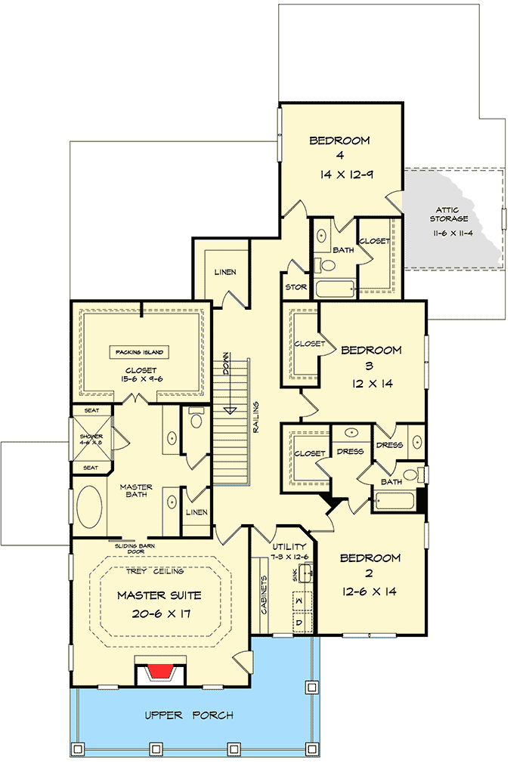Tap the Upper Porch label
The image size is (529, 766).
(x=188, y=715)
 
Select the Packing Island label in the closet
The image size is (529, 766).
(x=141, y=352)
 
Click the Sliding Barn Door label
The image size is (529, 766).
(x=137, y=548)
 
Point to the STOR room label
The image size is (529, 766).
(x=295, y=287)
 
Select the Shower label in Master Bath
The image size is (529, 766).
(x=91, y=439)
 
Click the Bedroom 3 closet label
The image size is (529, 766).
(x=310, y=344)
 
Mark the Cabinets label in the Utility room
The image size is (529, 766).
(x=264, y=597)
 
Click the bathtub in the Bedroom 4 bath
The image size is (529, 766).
(x=335, y=289)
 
